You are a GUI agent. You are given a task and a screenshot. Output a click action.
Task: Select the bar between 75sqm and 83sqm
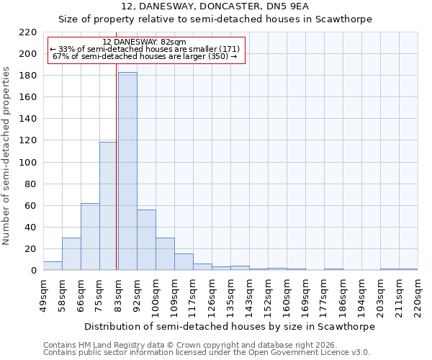[109, 206]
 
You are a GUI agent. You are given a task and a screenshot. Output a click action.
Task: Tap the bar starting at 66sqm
[90, 237]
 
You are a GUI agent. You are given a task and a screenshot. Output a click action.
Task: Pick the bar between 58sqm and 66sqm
[71, 254]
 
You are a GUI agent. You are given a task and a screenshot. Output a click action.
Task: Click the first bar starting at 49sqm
[53, 266]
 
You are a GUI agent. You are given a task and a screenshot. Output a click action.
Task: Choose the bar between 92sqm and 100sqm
[146, 240]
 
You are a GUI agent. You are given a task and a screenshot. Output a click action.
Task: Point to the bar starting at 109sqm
[184, 262]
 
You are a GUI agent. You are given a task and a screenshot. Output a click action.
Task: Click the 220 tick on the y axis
[28, 32]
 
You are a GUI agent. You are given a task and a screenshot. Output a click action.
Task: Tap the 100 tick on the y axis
[28, 163]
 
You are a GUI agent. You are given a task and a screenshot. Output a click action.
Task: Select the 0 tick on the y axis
[34, 271]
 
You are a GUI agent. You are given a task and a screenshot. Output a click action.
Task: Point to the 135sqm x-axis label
[230, 294]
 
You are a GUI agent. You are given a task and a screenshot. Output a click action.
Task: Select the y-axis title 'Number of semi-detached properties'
[7, 156]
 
